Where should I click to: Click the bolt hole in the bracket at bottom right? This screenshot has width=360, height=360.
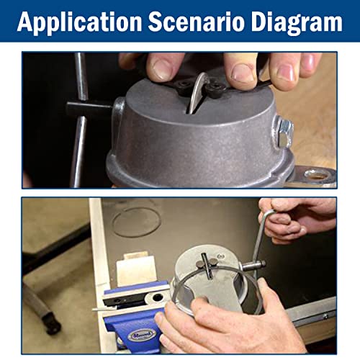pyautogui.click(x=315, y=174)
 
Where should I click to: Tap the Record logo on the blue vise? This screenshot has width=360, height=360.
pyautogui.click(x=135, y=335)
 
